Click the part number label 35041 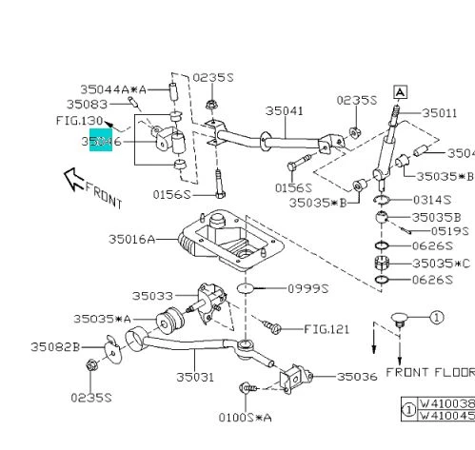(284, 111)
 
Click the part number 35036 (357, 378)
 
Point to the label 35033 (152, 296)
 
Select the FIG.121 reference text (328, 328)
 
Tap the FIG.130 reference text (78, 121)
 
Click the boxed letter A (400, 91)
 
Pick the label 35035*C (442, 263)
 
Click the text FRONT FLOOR (429, 371)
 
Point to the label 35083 (87, 104)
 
